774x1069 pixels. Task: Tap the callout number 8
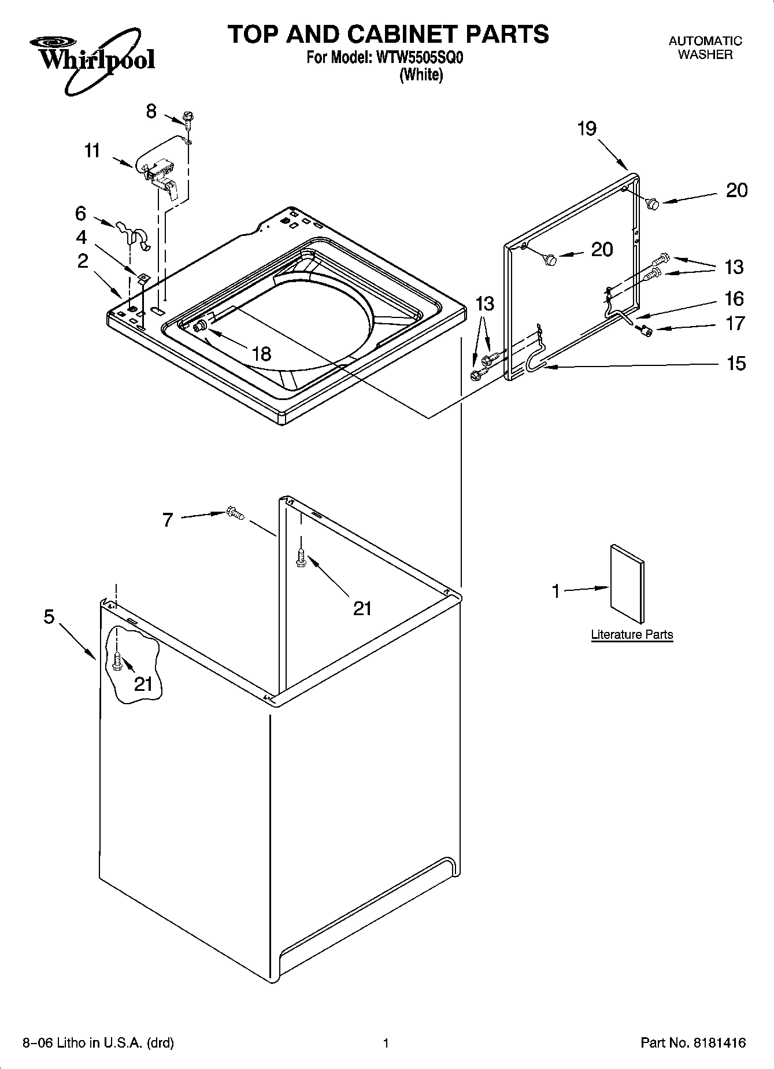(151, 111)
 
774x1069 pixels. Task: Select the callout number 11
(92, 151)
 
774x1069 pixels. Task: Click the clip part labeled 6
(132, 233)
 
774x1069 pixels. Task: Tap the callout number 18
(262, 353)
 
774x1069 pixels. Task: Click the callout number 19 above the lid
(587, 128)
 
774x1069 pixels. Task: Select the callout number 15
(736, 364)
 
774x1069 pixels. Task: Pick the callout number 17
(735, 323)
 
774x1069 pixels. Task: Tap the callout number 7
(168, 520)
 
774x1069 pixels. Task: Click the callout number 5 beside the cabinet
(49, 617)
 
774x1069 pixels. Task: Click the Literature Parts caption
(632, 635)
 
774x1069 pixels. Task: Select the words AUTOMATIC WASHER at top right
(705, 48)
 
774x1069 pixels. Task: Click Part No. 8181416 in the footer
(693, 1043)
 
